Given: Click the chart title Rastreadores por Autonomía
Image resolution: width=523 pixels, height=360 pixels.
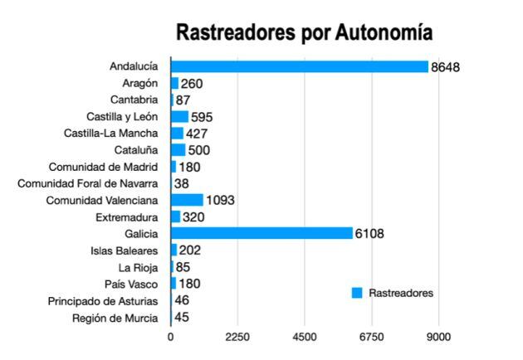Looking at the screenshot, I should (x=303, y=33).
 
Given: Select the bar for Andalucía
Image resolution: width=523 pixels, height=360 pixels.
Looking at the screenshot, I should (x=299, y=66).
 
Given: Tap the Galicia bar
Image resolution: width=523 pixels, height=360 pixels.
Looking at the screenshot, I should (x=261, y=233).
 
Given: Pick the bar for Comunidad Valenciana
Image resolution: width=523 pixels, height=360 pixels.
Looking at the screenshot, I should (x=187, y=200).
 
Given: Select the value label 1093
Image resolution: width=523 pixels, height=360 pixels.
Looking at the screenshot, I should (x=221, y=200).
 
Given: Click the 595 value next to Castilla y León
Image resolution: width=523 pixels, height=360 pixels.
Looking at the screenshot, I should (x=203, y=117).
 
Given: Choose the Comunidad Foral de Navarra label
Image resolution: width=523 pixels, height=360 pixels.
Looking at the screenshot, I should (x=87, y=183).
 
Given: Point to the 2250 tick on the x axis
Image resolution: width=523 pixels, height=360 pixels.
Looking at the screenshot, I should (x=237, y=337).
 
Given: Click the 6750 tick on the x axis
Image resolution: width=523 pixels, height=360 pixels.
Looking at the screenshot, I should (x=372, y=337).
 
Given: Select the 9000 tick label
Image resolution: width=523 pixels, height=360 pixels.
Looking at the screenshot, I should (x=438, y=337).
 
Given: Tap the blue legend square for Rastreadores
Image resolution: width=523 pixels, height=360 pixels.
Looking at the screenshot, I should (x=357, y=293).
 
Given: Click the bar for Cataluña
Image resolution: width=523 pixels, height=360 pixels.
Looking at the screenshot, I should (x=178, y=150).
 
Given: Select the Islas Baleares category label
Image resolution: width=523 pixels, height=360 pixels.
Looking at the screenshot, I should (x=123, y=250).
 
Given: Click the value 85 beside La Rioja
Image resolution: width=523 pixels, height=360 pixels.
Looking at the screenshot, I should (x=183, y=267).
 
